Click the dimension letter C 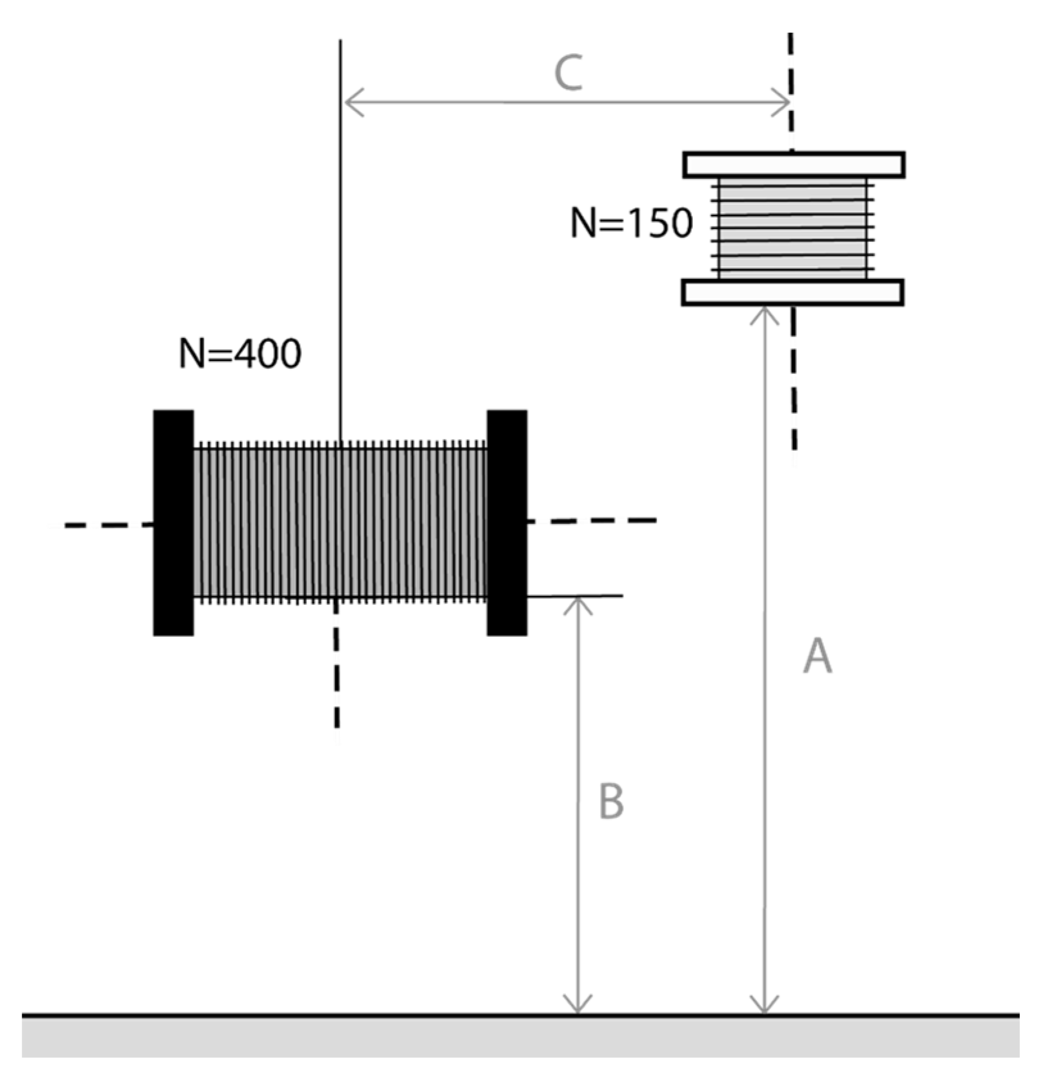click(569, 73)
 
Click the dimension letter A click(817, 656)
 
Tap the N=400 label click(240, 353)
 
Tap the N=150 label click(631, 224)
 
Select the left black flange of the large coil click(173, 523)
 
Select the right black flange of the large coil click(507, 523)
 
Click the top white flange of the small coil click(794, 165)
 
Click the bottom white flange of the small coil click(793, 292)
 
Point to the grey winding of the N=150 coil click(793, 228)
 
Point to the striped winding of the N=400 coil click(340, 523)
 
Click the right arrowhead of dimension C click(782, 103)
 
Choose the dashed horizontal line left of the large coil click(109, 525)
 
